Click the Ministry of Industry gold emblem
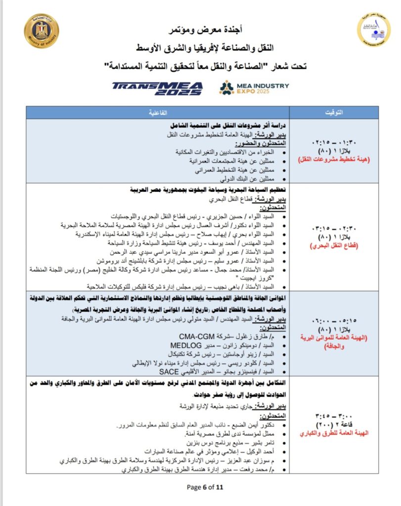[41, 31]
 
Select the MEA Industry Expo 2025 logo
[255, 88]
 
